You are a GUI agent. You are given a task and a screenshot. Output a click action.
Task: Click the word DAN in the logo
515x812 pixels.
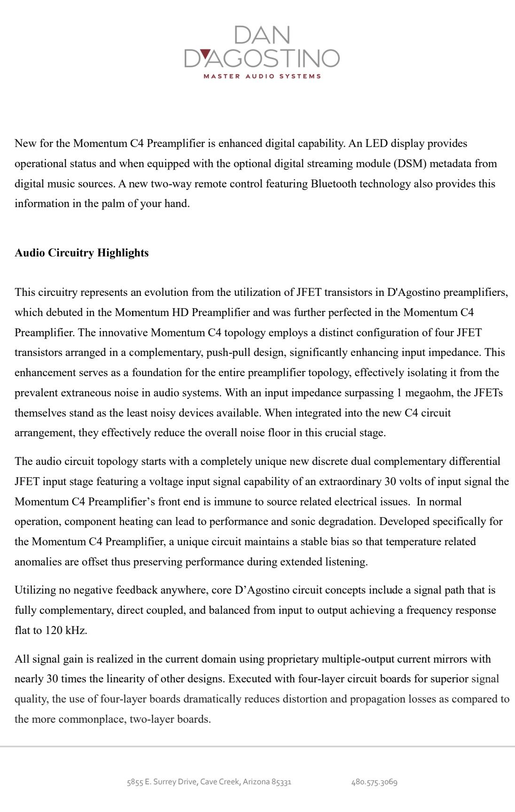(262, 36)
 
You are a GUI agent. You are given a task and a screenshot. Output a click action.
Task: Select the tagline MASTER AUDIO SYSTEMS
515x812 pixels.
(262, 76)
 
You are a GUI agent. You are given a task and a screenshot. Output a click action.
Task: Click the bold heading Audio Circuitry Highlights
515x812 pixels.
(82, 253)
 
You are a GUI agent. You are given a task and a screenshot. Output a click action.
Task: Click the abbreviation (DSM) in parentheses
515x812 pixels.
(410, 163)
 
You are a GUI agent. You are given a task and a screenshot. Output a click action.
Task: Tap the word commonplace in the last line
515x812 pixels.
(91, 719)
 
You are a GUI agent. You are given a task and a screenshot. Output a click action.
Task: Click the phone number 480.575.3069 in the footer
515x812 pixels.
(374, 782)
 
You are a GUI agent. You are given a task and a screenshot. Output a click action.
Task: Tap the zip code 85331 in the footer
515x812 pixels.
(281, 782)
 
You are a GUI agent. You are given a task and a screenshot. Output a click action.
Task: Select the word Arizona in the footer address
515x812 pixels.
(256, 782)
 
